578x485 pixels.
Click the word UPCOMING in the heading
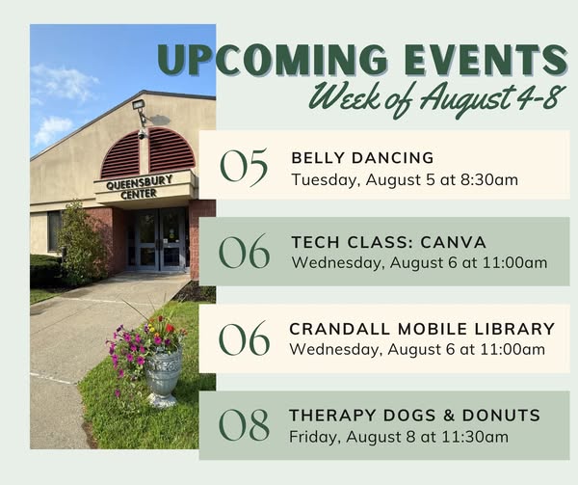pos(274,60)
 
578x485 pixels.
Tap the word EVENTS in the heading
pos(486,60)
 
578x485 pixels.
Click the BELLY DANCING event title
pos(362,158)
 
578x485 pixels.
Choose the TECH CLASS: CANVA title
pos(388,242)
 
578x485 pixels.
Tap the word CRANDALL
pos(339,329)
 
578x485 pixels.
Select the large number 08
pos(244,424)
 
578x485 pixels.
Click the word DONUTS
pos(501,416)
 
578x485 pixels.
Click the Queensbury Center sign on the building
pos(139,187)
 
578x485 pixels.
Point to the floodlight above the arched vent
pos(139,105)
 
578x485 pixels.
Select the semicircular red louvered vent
pos(148,152)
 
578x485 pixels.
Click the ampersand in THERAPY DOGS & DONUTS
pos(449,416)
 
